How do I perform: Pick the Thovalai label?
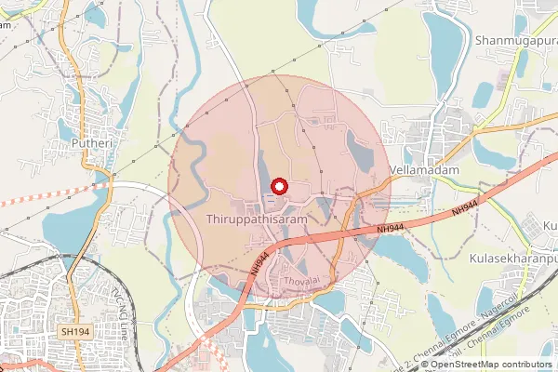[300, 279]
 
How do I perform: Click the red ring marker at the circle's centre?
[278, 186]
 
